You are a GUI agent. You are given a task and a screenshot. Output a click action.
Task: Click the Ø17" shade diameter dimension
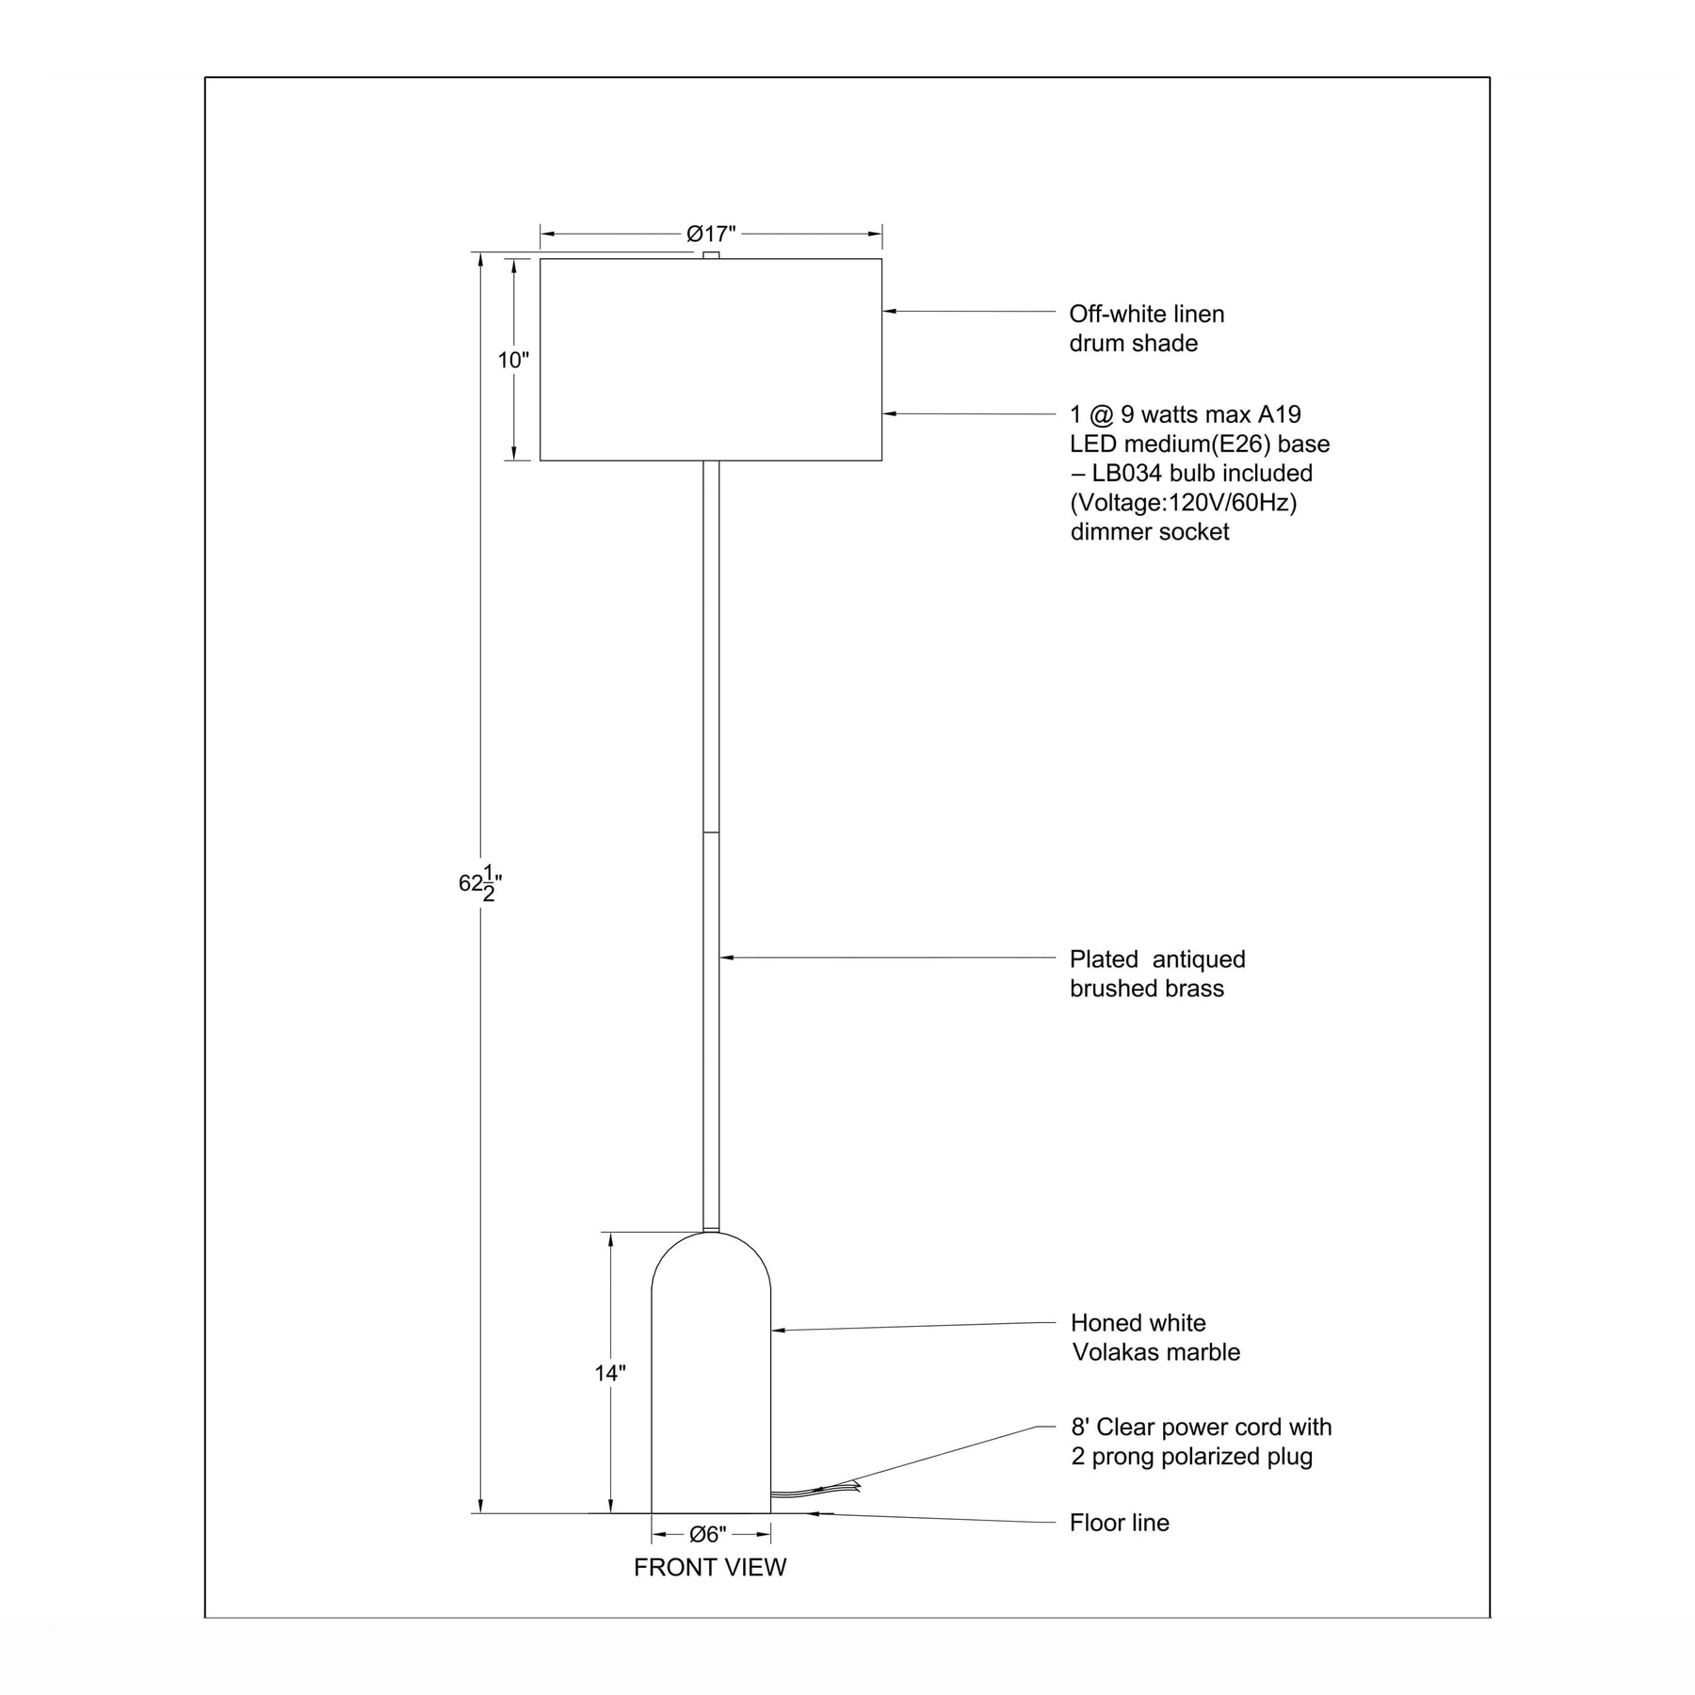pos(711,234)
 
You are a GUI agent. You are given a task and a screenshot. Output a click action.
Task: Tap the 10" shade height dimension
pos(513,360)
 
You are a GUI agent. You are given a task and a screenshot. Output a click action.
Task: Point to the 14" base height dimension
pos(610,1373)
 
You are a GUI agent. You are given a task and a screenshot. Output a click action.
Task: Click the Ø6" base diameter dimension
pos(708,1535)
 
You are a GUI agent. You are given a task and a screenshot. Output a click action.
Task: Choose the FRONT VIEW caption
pos(710,1567)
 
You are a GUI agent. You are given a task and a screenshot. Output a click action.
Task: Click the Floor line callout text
pos(1120,1523)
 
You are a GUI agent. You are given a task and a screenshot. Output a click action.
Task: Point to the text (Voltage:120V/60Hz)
pos(1184,503)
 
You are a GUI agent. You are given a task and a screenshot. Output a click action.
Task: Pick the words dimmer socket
pos(1150,532)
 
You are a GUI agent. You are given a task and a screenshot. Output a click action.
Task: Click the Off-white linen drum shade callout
pos(1147,329)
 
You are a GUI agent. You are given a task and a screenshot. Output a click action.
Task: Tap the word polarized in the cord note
pos(1214,1457)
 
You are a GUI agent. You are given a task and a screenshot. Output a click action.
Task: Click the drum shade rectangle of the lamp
pos(711,360)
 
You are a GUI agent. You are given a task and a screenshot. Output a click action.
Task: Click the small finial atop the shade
pos(711,255)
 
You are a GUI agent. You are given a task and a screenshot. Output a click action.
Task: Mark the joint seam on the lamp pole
pos(711,832)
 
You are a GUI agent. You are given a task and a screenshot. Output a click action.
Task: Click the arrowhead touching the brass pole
pos(726,957)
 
